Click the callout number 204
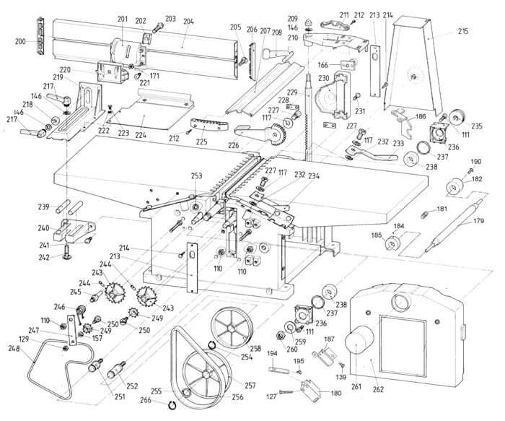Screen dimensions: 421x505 (x=188, y=22)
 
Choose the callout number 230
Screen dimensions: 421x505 (x=323, y=78)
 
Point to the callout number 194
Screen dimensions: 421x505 (x=273, y=354)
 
